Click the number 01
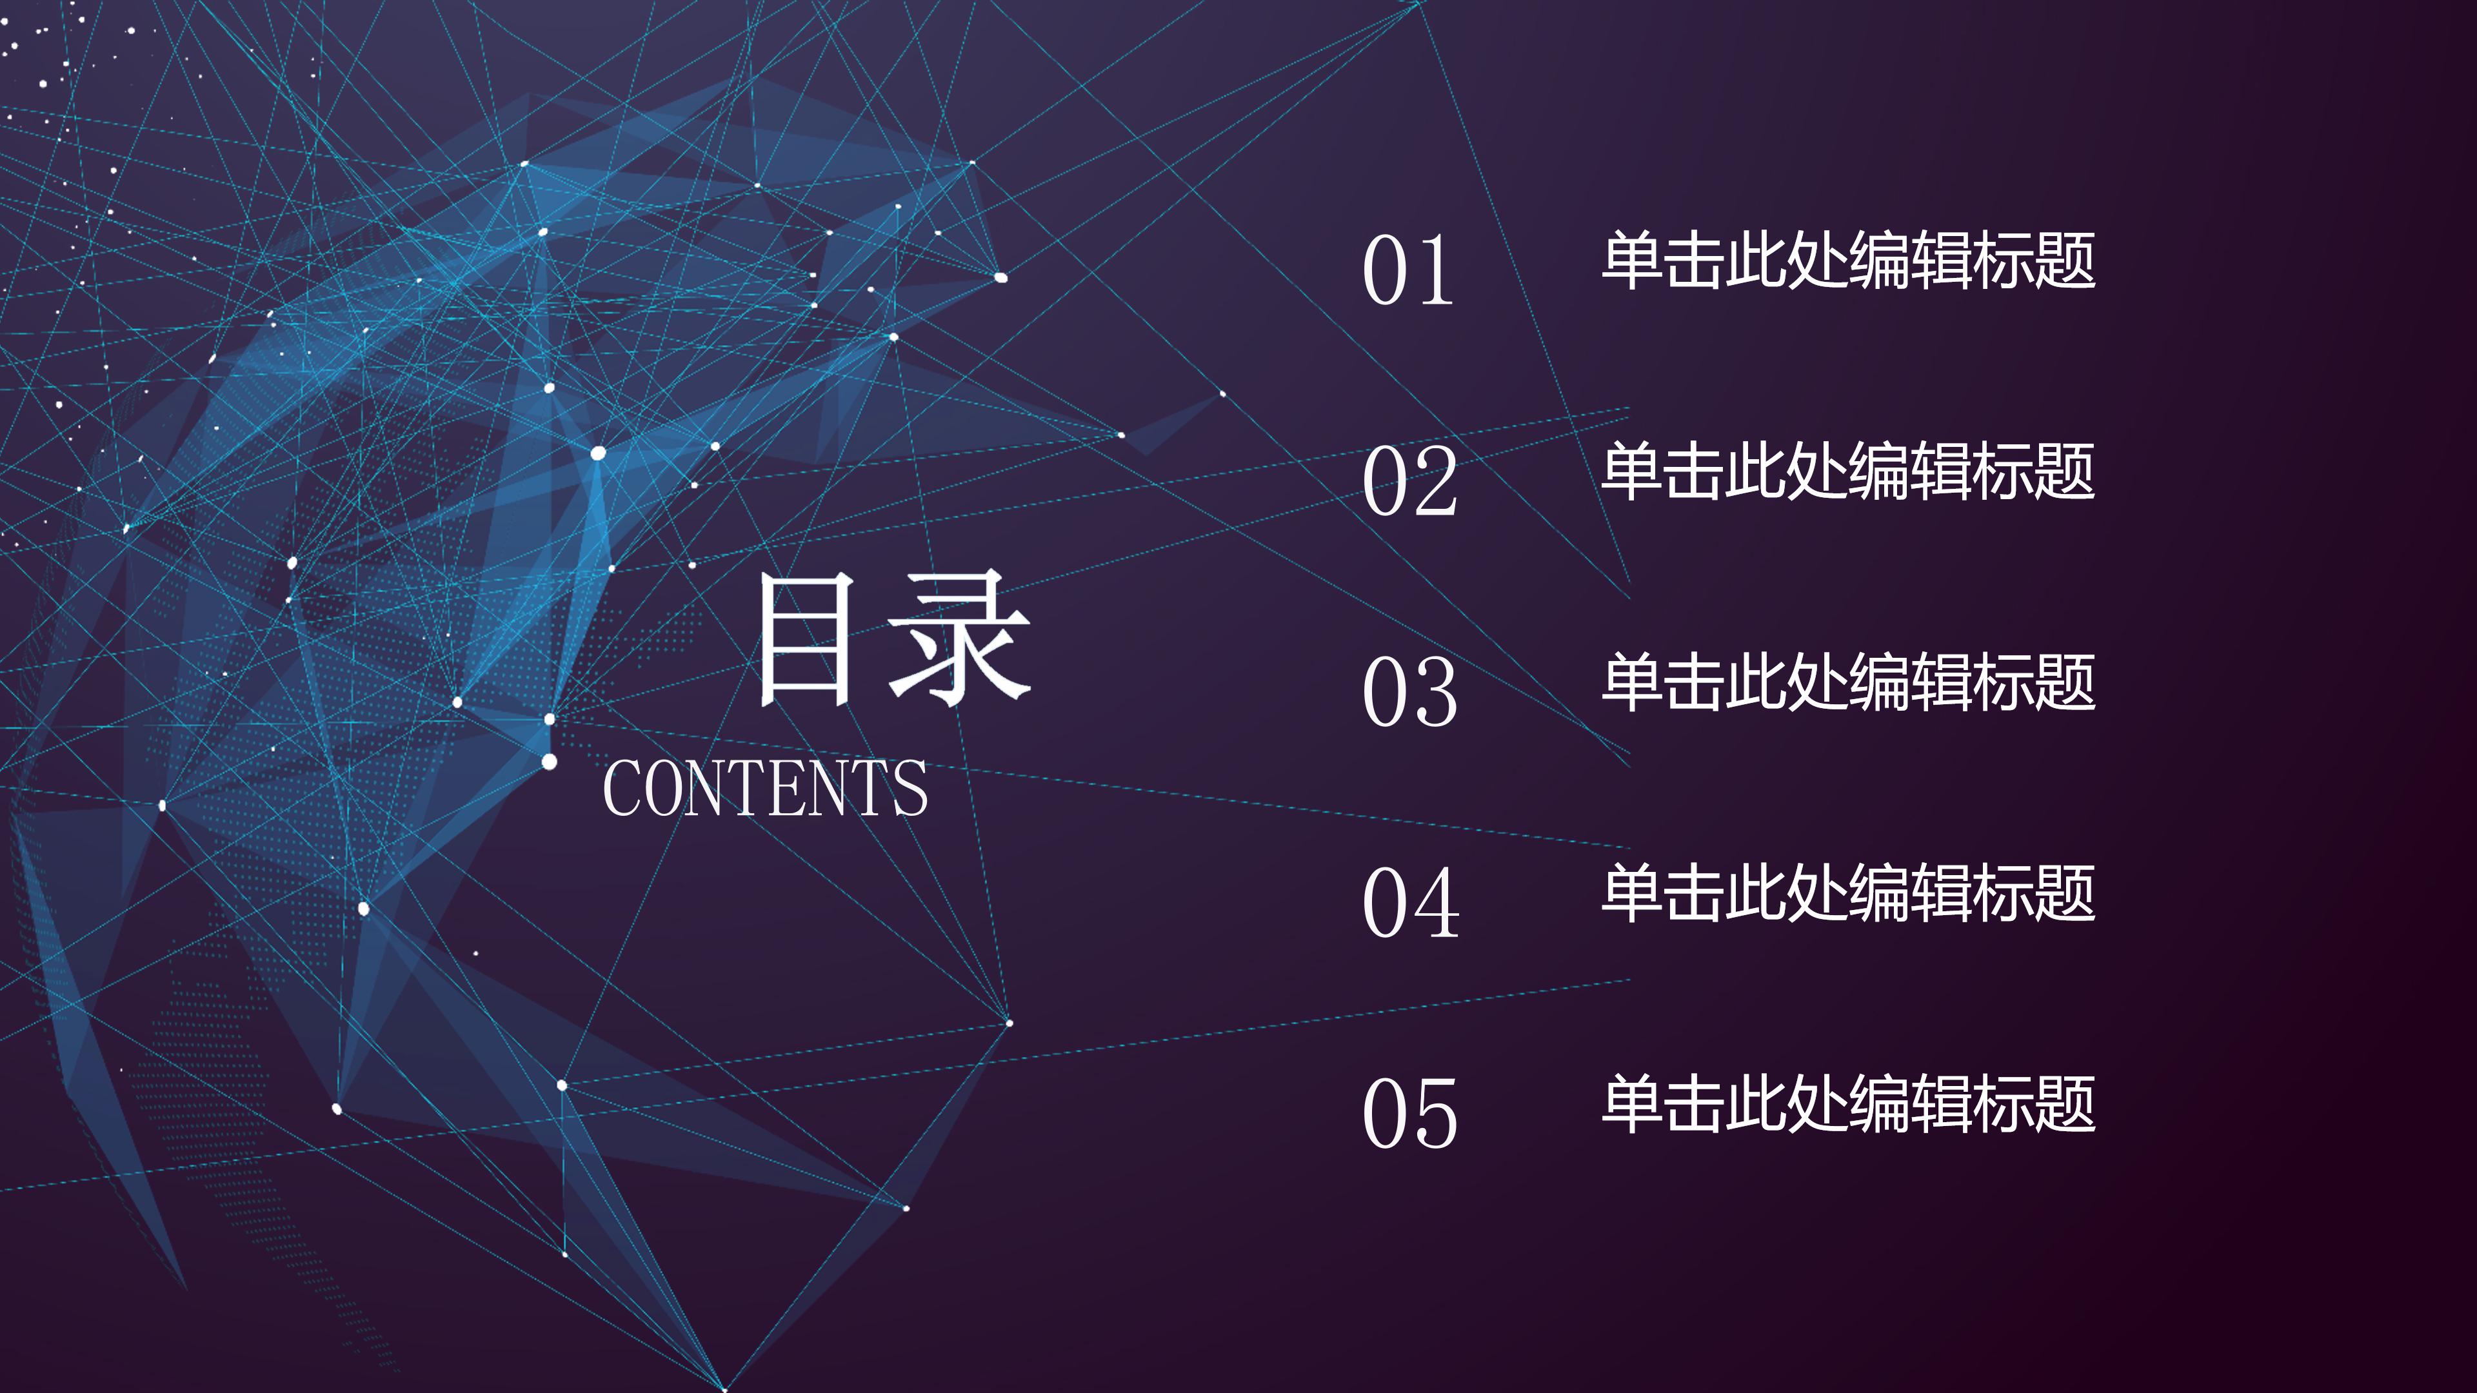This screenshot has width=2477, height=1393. click(1409, 271)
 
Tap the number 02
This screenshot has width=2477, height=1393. click(1409, 480)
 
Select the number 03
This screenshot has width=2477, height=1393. click(1409, 691)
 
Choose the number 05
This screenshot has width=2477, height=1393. click(1409, 1112)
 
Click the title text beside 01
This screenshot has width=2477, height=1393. click(1847, 261)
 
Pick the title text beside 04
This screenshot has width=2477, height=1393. click(1847, 893)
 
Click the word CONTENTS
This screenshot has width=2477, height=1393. click(766, 788)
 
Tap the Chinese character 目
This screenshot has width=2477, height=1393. click(806, 639)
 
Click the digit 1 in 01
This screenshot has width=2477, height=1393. click(1436, 271)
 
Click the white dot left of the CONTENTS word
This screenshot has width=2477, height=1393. click(549, 762)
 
